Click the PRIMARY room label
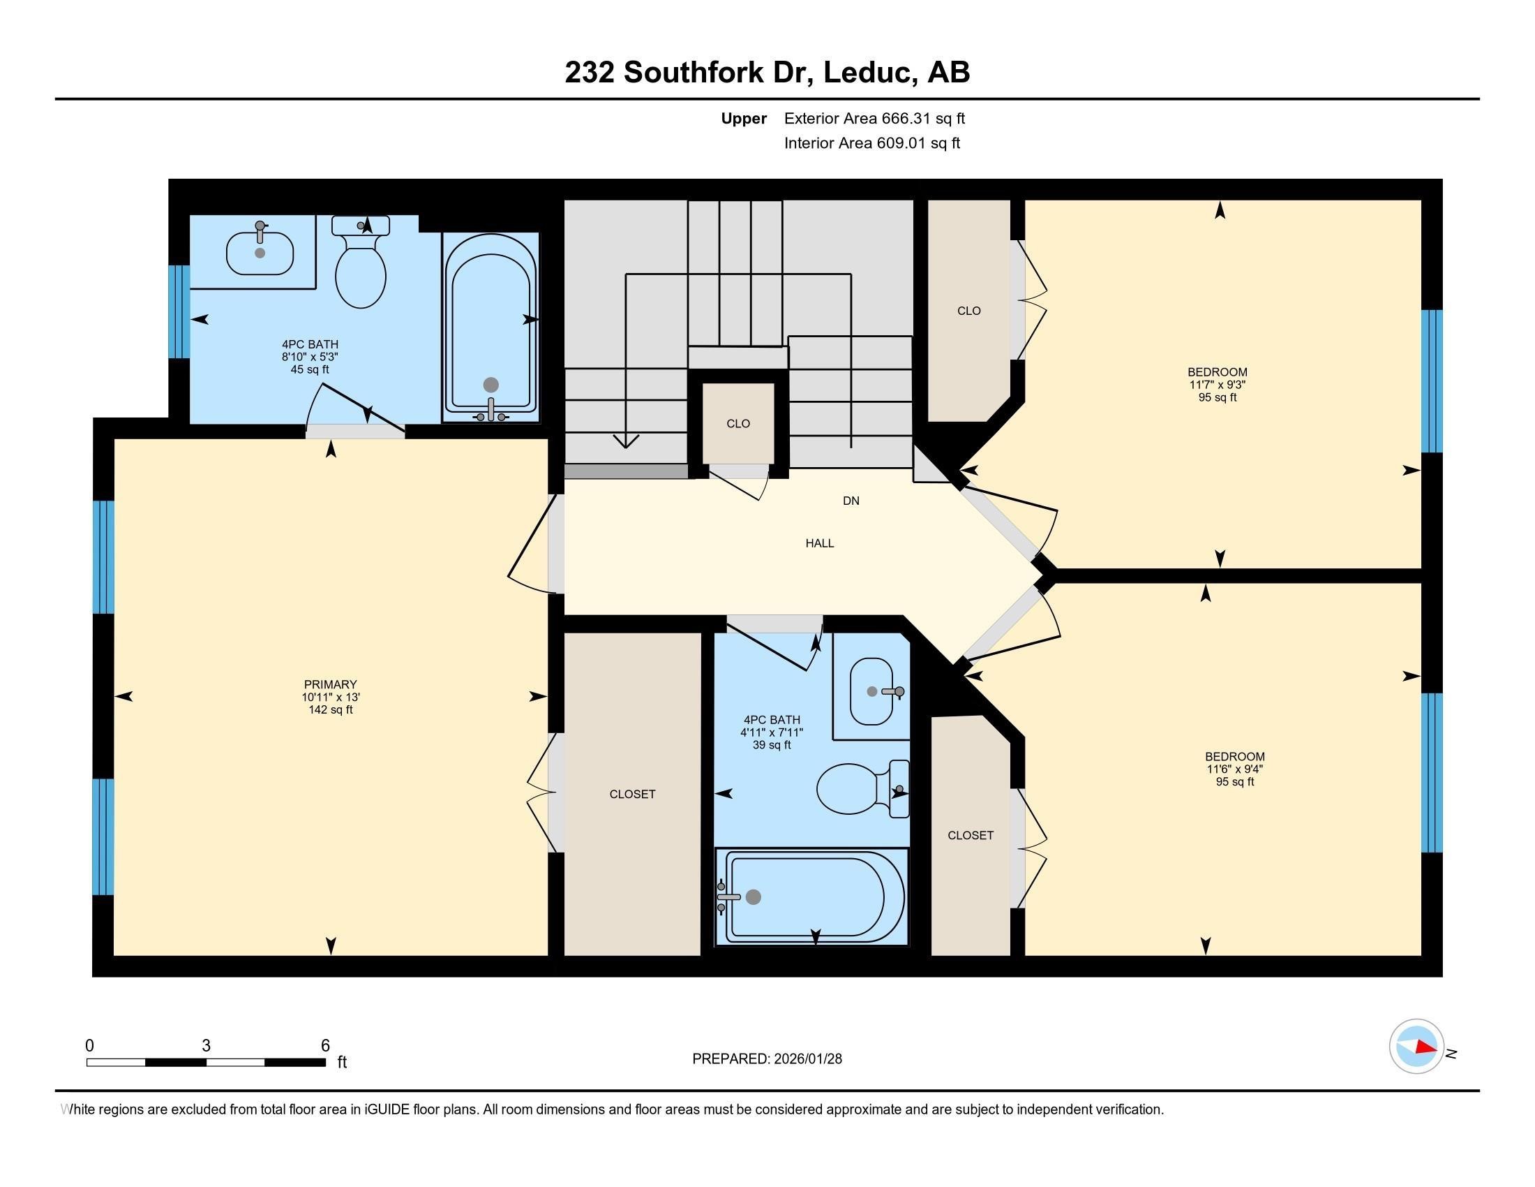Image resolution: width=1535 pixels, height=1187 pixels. click(x=330, y=684)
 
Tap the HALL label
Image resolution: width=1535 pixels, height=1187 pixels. click(x=820, y=543)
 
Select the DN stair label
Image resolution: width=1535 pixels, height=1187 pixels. click(x=851, y=501)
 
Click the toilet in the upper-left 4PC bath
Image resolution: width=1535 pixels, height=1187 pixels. click(x=361, y=271)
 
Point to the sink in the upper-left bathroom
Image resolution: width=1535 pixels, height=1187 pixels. click(x=260, y=253)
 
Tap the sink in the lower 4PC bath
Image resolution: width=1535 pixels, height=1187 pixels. click(x=872, y=692)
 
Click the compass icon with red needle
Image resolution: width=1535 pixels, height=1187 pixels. click(x=1416, y=1047)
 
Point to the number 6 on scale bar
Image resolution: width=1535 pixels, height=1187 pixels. click(x=325, y=1045)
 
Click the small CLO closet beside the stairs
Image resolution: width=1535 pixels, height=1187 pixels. click(x=738, y=423)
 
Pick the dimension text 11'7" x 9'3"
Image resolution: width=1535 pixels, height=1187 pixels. click(x=1218, y=385)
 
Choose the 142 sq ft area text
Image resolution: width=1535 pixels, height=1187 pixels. click(x=330, y=709)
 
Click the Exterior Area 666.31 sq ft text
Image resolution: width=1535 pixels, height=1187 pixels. click(x=874, y=118)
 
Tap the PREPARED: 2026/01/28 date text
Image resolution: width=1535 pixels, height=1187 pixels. click(x=767, y=1059)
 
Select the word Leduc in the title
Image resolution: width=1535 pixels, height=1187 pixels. click(x=869, y=72)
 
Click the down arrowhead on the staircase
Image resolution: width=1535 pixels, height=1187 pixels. click(x=626, y=441)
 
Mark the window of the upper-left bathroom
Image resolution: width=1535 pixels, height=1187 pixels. click(x=180, y=311)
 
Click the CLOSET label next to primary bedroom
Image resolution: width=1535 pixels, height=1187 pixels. click(x=632, y=794)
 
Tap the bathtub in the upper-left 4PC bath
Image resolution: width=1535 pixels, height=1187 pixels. click(x=491, y=327)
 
